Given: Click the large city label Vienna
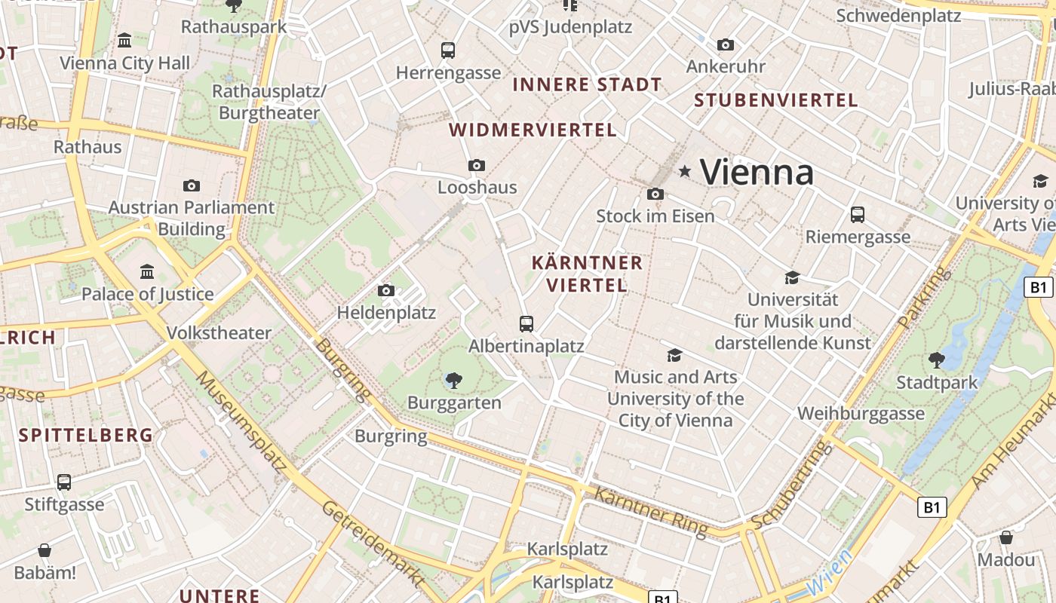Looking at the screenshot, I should (757, 173).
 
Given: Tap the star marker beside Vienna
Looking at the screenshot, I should (685, 172).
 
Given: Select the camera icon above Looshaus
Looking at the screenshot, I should (477, 165).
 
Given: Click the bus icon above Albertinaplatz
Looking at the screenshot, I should (526, 324).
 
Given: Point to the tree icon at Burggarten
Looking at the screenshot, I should (454, 381).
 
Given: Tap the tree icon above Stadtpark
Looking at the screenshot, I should (937, 360).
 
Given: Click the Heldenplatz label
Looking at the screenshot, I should (386, 312).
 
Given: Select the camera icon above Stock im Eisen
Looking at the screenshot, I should (655, 194).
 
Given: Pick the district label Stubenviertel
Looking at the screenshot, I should (775, 100).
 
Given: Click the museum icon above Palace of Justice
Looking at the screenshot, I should (148, 271).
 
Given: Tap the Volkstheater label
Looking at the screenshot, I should (219, 333).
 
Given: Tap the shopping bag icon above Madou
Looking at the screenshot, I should (1006, 538).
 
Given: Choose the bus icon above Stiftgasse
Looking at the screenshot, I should (64, 482).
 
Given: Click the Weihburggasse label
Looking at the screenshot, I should (861, 414).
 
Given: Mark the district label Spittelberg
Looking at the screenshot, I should (86, 435).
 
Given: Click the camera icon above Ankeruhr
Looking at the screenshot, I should (726, 45).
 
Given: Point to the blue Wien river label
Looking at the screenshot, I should (829, 572).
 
